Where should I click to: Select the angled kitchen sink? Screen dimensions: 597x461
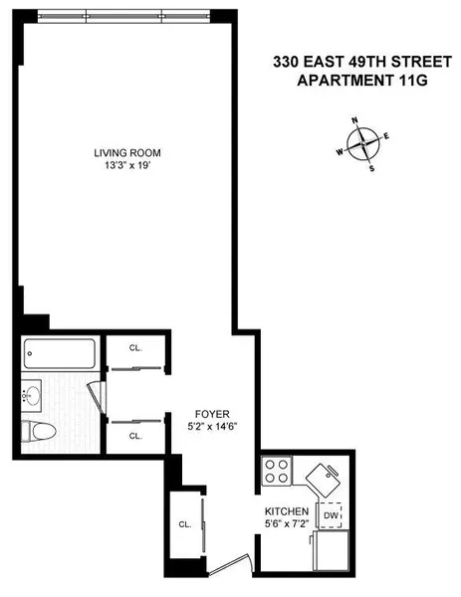324,480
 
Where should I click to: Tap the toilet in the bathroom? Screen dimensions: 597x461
43,433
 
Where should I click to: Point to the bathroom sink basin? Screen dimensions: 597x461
31,396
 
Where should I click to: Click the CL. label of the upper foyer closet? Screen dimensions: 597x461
135,347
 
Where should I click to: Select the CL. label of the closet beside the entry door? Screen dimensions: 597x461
184,523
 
